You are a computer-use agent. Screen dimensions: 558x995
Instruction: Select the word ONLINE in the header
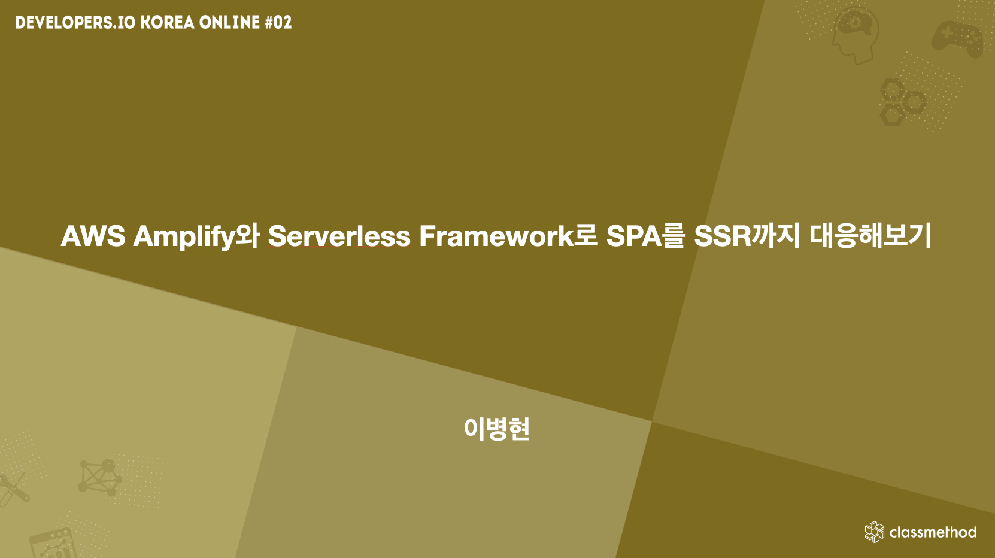230,23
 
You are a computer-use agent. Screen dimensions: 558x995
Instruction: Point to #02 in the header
278,23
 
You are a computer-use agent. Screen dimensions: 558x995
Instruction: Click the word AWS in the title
93,236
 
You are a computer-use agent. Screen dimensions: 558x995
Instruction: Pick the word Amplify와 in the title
196,236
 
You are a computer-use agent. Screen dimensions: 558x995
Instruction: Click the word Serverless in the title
339,236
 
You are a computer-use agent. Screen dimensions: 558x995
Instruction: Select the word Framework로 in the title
508,236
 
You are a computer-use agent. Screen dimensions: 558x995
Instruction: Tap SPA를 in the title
645,236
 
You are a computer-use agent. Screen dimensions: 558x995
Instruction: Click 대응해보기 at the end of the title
871,236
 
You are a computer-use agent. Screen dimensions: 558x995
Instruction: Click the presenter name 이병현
497,429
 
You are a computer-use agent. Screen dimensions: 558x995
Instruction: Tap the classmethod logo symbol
875,532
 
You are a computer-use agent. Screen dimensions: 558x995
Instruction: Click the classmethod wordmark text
933,532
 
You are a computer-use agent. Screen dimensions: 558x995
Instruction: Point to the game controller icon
957,38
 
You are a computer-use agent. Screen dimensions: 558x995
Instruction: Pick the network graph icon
99,477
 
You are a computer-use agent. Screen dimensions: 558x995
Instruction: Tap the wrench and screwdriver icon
13,489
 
